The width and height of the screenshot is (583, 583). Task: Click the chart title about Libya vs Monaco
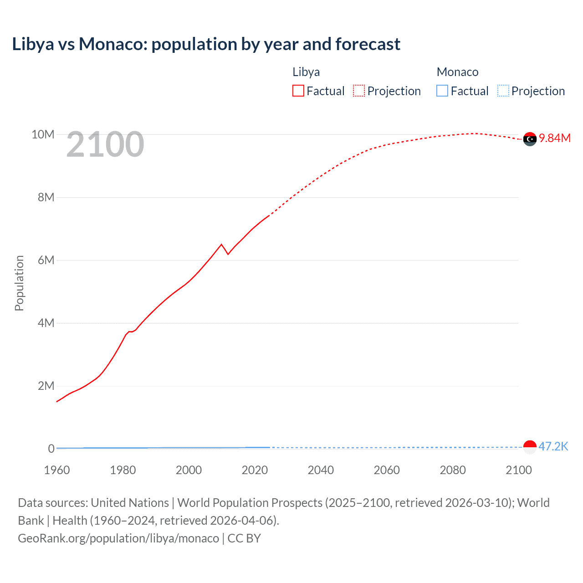(206, 44)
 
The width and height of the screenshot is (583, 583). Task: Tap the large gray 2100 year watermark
(105, 145)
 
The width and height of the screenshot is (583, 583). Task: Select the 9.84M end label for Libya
(554, 138)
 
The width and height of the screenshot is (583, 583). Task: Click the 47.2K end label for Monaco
(553, 446)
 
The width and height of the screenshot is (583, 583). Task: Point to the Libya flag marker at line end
(530, 139)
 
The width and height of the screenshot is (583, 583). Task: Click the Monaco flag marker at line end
(530, 447)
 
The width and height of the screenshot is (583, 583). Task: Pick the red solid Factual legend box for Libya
(298, 91)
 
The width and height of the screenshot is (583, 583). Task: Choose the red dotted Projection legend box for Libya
(359, 91)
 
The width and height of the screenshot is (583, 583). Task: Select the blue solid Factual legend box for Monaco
(442, 91)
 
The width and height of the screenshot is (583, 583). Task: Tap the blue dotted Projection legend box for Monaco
(503, 91)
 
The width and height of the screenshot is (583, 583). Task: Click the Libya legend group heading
(306, 72)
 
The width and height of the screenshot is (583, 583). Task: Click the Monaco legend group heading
(457, 72)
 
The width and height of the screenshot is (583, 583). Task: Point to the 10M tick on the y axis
(43, 134)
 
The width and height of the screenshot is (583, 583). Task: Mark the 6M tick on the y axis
(46, 260)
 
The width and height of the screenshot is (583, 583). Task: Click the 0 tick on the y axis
(51, 449)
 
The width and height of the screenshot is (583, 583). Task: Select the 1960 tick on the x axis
(57, 470)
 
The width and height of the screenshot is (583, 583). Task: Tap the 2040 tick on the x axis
(321, 470)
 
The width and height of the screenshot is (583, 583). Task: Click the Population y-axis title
(19, 283)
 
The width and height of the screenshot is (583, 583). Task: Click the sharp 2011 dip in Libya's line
(228, 254)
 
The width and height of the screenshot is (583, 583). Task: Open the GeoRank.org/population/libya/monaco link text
(118, 538)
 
